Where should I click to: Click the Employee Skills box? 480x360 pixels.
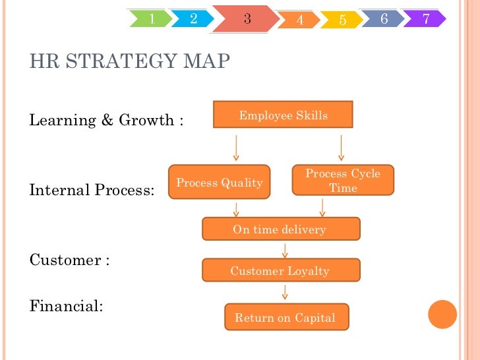[x=283, y=115]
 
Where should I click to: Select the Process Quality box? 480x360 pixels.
[x=220, y=183]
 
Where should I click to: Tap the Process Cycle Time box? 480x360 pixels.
[x=343, y=181]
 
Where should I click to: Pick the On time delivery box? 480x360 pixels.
[x=280, y=229]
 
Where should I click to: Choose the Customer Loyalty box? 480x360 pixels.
[x=280, y=271]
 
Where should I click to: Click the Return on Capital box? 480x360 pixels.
[x=285, y=318]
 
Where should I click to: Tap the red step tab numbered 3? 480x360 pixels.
[x=246, y=18]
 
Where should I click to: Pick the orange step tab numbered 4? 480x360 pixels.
[x=300, y=20]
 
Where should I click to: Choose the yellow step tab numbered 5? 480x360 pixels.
[x=342, y=20]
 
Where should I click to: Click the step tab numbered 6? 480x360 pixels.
[x=384, y=18]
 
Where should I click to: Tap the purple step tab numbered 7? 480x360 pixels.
[x=425, y=18]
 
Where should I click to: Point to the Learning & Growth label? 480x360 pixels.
[x=106, y=121]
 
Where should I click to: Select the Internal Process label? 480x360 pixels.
[x=92, y=191]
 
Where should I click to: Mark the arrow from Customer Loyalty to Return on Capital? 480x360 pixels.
[x=284, y=292]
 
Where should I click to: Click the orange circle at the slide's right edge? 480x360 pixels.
[x=442, y=315]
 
